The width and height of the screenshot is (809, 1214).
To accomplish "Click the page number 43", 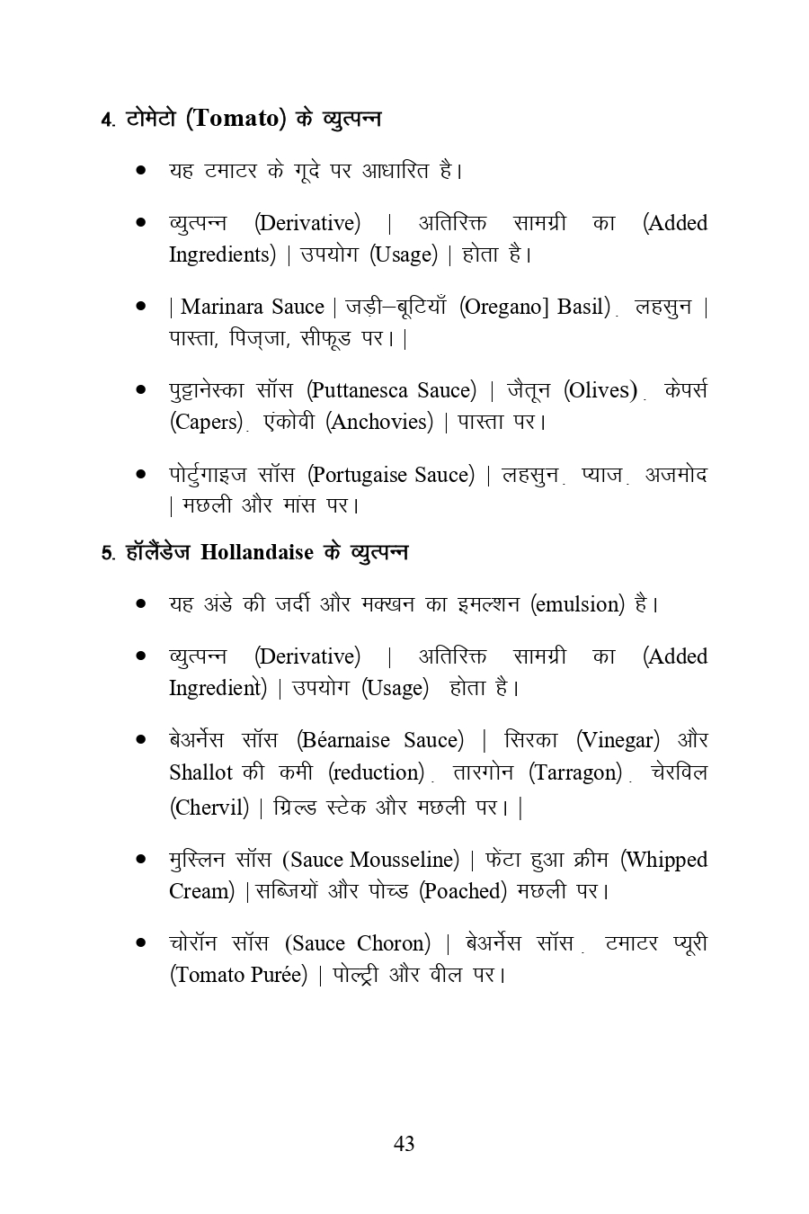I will point(404,1143).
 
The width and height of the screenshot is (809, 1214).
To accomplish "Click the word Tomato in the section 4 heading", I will point(236,118).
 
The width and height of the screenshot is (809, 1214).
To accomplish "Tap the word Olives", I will point(600,390).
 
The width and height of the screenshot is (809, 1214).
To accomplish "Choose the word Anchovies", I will point(380,422).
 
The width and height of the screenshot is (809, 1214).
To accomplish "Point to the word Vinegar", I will point(617,740).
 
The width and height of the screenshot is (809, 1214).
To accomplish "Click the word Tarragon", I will point(574,772).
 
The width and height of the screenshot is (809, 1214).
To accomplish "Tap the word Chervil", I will point(209,807).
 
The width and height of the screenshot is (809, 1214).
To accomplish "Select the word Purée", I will point(275,975).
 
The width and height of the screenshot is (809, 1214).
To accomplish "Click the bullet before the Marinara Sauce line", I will point(141,307).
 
